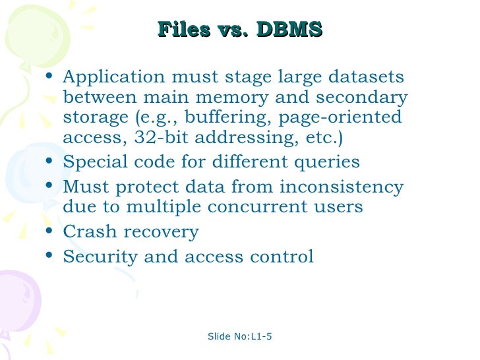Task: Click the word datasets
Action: tap(367, 78)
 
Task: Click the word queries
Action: tap(327, 162)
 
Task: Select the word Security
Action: tap(100, 256)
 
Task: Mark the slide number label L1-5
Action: tap(261, 337)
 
